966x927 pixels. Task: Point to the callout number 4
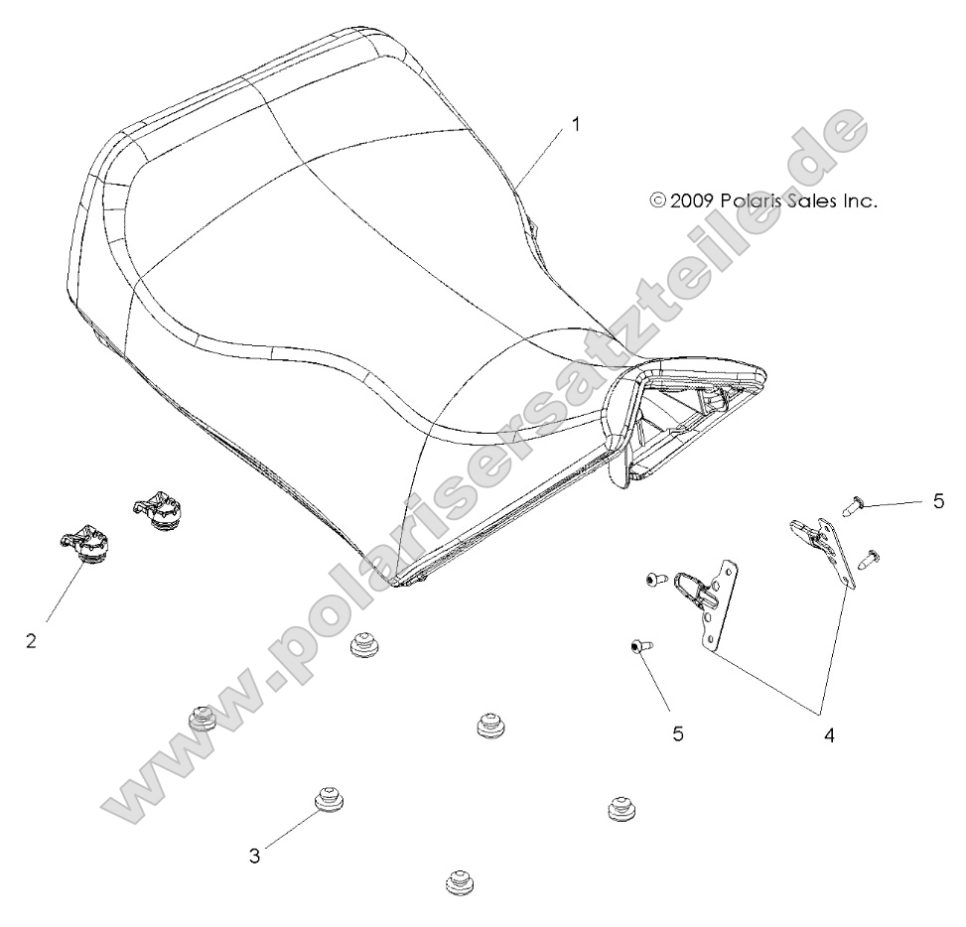(x=827, y=735)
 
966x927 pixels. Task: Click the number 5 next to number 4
(x=678, y=734)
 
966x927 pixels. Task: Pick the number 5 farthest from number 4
(x=938, y=502)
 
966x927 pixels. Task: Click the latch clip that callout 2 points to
(x=84, y=545)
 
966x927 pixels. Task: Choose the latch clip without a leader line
(x=155, y=510)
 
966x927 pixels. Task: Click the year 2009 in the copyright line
(x=700, y=200)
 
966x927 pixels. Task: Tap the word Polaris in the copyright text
(x=765, y=200)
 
